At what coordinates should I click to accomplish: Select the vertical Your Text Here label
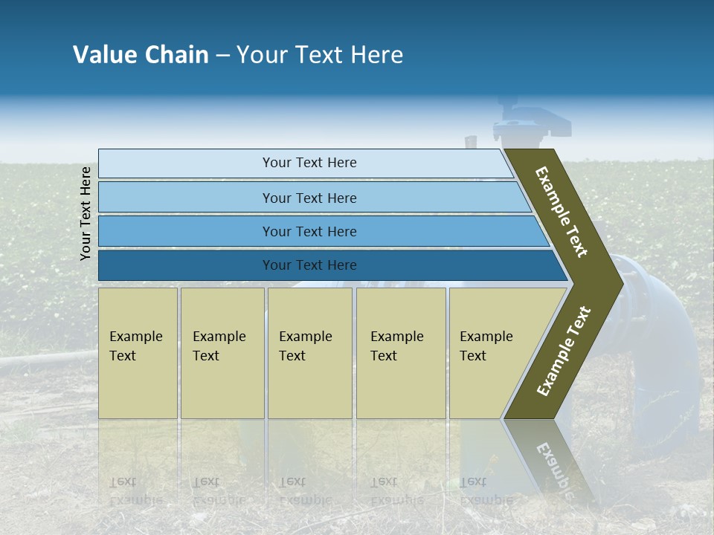tap(86, 213)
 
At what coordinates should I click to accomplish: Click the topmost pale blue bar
tap(309, 163)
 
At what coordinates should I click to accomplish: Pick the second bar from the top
tap(309, 198)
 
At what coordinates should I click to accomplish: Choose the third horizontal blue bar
tap(309, 231)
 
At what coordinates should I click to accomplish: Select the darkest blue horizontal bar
tap(309, 265)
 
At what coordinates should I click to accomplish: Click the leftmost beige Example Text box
tap(138, 353)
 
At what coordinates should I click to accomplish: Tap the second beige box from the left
tap(222, 353)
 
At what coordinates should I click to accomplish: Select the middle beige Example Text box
tap(309, 353)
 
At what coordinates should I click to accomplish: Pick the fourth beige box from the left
tap(400, 353)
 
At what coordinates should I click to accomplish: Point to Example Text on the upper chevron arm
tap(562, 212)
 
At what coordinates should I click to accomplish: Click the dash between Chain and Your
tap(222, 56)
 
